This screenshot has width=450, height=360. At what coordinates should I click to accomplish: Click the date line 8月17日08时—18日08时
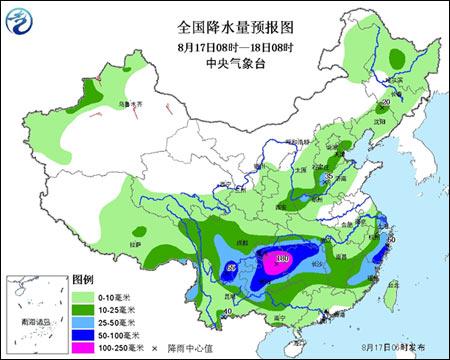point(225,46)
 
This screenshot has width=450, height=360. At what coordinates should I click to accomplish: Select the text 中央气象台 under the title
point(225,62)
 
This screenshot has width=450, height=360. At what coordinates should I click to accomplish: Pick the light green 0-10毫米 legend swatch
point(82,297)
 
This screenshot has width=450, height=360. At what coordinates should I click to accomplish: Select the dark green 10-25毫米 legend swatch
point(82,309)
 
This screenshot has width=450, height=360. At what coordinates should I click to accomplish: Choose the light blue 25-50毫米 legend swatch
point(82,321)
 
